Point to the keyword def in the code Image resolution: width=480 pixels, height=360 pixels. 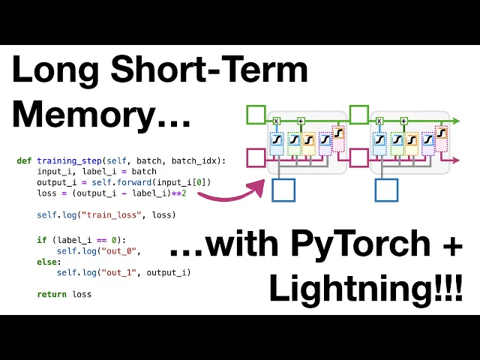click(24, 161)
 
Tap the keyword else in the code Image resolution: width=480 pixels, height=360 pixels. click(46, 262)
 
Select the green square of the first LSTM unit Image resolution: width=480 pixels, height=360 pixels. click(256, 115)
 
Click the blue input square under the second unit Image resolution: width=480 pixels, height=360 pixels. click(386, 190)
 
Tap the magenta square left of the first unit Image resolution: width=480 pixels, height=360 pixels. click(256, 157)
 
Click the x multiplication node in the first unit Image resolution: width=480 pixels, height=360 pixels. click(276, 120)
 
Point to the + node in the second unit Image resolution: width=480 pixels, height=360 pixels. click(403, 120)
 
